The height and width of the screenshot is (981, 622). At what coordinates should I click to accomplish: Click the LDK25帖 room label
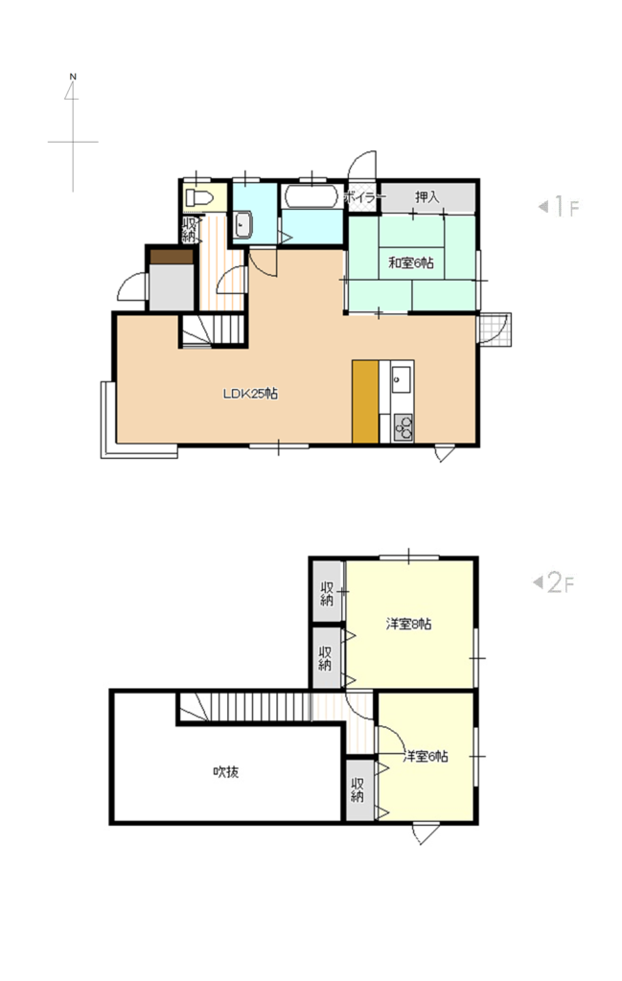[x=250, y=394]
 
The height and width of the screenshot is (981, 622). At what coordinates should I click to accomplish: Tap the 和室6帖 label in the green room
[x=410, y=262]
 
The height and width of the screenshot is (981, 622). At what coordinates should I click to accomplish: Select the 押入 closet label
[x=426, y=197]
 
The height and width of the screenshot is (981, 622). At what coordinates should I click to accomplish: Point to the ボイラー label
[x=362, y=197]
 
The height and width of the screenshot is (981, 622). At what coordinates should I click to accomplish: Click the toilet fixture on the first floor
[x=199, y=198]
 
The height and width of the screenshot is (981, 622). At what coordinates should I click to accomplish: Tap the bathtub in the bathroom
[x=311, y=196]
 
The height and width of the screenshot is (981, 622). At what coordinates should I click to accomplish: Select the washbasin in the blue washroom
[x=242, y=225]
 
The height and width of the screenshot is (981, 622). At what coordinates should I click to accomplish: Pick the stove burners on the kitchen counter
[x=403, y=428]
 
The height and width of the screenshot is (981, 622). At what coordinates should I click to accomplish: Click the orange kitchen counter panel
[x=365, y=401]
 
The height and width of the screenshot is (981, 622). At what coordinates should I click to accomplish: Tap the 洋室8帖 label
[x=408, y=624]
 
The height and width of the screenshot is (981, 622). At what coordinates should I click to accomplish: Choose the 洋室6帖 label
[x=426, y=757]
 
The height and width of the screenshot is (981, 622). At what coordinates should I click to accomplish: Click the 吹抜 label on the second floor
[x=226, y=772]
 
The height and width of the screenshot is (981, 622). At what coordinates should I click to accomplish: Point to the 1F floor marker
[x=560, y=207]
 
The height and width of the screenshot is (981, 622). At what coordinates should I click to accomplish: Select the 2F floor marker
[x=554, y=583]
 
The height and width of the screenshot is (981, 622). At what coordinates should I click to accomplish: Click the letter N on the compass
[x=73, y=77]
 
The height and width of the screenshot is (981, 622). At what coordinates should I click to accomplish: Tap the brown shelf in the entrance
[x=171, y=257]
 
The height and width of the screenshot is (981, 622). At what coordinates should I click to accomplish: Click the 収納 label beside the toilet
[x=189, y=230]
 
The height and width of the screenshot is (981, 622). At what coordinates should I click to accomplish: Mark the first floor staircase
[x=213, y=330]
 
